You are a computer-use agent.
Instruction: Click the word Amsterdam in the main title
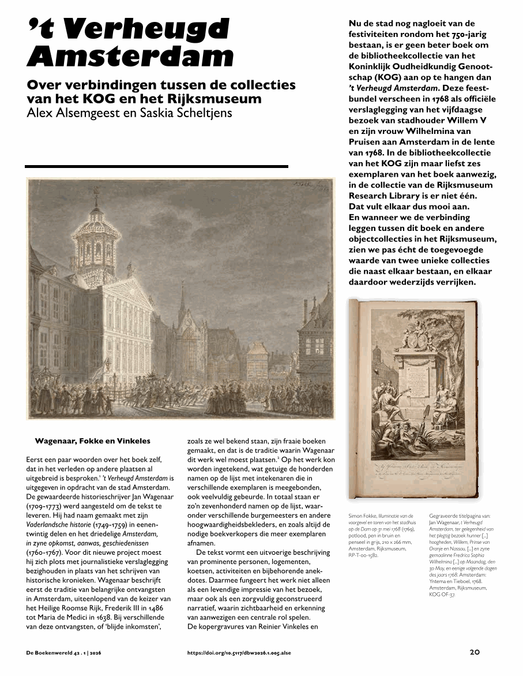click(130, 57)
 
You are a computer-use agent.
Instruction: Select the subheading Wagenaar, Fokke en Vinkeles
click(92, 441)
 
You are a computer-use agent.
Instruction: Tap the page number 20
click(475, 652)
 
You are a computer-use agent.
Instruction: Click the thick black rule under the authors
click(156, 166)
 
